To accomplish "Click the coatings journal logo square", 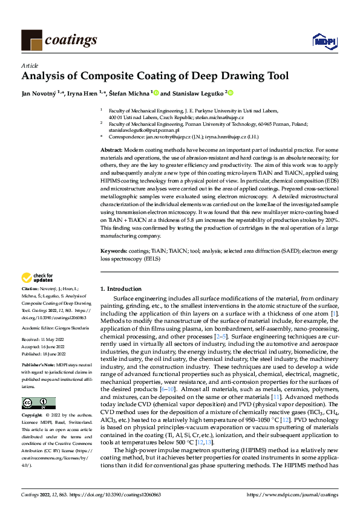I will pos(32,40).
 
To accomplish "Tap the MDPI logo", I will pos(324,41).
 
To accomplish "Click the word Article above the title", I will pos(28,65).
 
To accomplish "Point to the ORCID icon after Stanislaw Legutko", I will pos(231,93).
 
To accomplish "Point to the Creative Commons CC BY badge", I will pos(38,403).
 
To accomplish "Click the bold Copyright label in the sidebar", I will pos(33,416).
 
